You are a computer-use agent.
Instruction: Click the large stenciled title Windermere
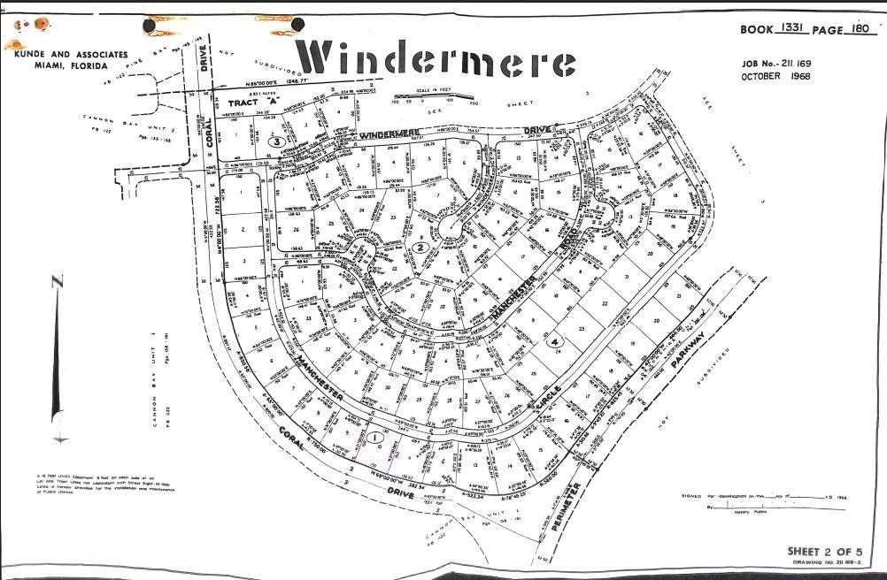[x=436, y=59]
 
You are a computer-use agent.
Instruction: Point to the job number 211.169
[x=791, y=64]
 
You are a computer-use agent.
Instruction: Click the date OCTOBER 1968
[x=775, y=76]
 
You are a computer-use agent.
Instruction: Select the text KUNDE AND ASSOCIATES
[x=72, y=54]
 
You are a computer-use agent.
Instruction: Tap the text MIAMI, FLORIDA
[x=72, y=65]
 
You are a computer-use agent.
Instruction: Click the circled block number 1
[x=374, y=436]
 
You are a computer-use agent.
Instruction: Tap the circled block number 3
[x=277, y=141]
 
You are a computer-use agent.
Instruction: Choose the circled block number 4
[x=555, y=342]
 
